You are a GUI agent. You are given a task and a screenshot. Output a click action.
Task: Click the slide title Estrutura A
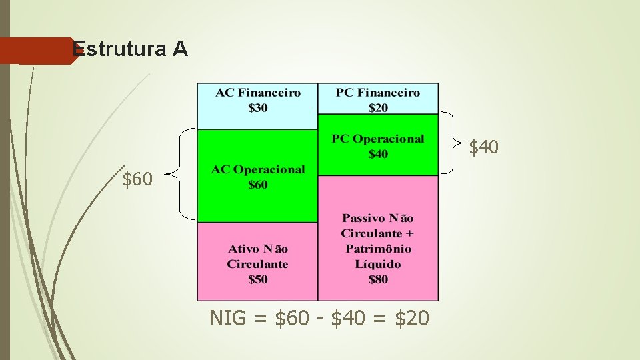tap(130, 49)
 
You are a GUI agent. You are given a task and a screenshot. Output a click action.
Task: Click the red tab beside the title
tap(37, 51)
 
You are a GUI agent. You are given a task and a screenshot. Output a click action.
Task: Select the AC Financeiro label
tap(257, 93)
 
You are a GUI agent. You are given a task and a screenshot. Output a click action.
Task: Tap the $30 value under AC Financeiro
tap(257, 107)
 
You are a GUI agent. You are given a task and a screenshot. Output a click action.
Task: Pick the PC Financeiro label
tap(378, 93)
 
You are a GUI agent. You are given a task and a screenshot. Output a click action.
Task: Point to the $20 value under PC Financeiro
tap(378, 107)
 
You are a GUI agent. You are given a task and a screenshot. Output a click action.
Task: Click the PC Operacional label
tap(378, 139)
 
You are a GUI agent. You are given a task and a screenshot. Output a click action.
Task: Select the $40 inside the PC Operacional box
tap(378, 154)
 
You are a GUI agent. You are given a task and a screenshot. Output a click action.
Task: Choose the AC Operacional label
tap(257, 169)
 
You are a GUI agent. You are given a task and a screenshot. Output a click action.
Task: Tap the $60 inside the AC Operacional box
tap(257, 185)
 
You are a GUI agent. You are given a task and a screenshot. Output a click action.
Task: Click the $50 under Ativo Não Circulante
tap(257, 279)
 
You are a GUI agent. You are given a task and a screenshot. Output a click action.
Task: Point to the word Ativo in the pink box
tap(243, 249)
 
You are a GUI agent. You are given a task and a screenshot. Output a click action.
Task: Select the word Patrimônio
tap(378, 249)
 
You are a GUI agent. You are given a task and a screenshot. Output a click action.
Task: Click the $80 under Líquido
tap(378, 279)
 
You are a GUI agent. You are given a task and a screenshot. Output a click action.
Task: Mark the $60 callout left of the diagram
tap(137, 179)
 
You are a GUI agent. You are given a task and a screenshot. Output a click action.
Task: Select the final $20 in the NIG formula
tap(412, 319)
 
